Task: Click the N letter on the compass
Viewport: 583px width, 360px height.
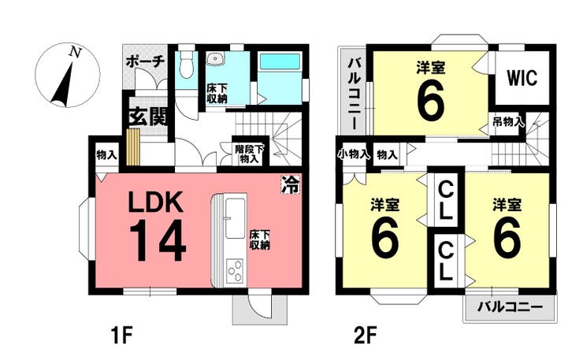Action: pos(76,53)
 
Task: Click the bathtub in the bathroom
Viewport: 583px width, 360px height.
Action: pos(280,61)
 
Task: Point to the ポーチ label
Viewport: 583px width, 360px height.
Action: pos(145,61)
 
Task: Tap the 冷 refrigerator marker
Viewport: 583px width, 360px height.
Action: pos(290,184)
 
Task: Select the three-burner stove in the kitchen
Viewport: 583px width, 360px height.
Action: pos(234,271)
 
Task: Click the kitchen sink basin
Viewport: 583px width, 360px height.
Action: pos(236,218)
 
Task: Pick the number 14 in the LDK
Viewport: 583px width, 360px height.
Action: pos(158,240)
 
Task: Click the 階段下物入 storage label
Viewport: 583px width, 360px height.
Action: pos(249,154)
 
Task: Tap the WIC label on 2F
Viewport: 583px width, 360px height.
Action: pos(522,78)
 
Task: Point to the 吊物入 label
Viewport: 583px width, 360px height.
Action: pos(509,121)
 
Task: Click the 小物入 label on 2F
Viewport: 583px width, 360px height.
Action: pos(353,154)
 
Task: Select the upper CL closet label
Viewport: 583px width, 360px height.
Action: pos(445,202)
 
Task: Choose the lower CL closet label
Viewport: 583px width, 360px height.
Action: pos(445,261)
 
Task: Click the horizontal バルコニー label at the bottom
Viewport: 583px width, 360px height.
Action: pos(511,307)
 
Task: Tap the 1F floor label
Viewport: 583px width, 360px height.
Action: pos(121,335)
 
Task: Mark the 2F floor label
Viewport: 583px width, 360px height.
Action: pos(365,335)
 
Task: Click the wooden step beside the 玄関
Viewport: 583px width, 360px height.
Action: pos(132,147)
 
